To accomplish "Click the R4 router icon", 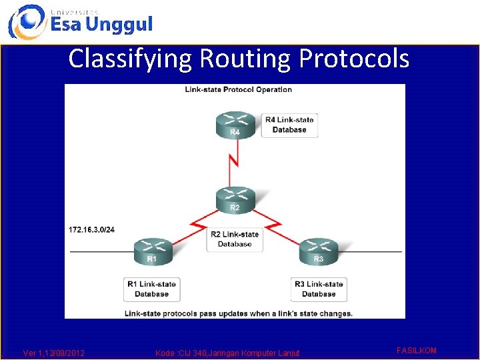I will click(234, 125).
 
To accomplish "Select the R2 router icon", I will click(234, 199).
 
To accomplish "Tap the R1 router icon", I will click(153, 251).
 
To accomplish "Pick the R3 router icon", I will click(318, 251).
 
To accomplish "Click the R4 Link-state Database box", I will click(289, 125).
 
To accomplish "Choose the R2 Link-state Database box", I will click(235, 239).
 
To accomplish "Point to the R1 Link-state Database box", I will click(151, 289).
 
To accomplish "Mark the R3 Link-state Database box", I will click(319, 289).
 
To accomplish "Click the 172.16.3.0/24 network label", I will click(92, 229).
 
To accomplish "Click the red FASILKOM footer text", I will click(417, 350).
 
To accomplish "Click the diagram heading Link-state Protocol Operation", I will click(238, 89).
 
